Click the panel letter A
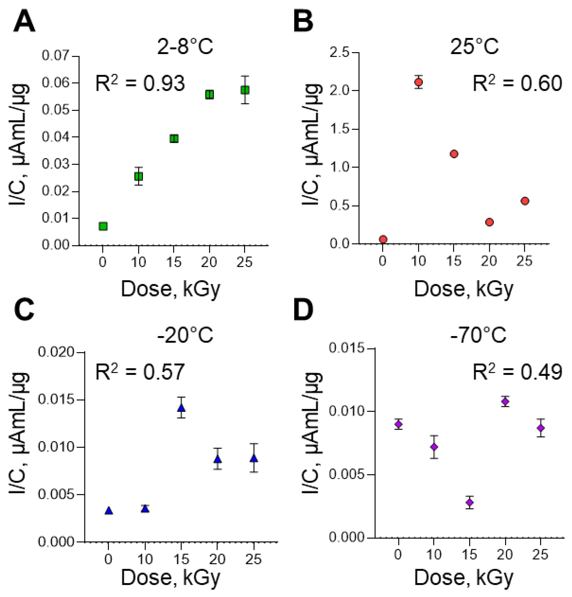24,22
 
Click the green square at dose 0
103,226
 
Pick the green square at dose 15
174,139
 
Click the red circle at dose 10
419,82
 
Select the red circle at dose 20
489,222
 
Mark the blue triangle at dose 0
109,511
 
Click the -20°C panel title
185,335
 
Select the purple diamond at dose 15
470,502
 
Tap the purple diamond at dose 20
505,401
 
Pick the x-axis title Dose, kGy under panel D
464,577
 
